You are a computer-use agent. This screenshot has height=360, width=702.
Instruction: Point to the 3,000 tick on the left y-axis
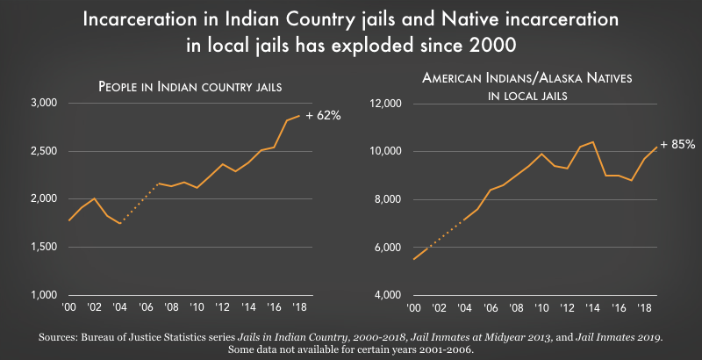coord(39,104)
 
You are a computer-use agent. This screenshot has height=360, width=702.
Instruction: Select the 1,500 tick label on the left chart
coord(39,248)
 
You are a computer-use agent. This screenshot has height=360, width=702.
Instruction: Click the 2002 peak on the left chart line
coord(94,198)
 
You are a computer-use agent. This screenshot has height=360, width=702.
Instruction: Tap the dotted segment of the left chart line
coord(138,205)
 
